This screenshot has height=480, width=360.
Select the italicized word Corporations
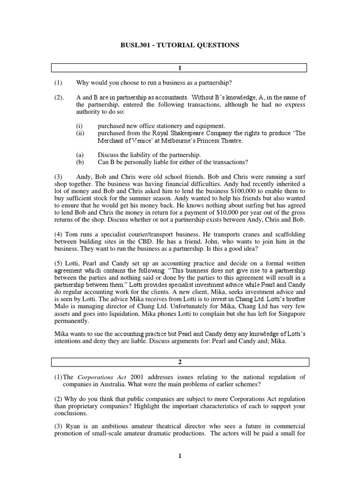pyautogui.click(x=95, y=377)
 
